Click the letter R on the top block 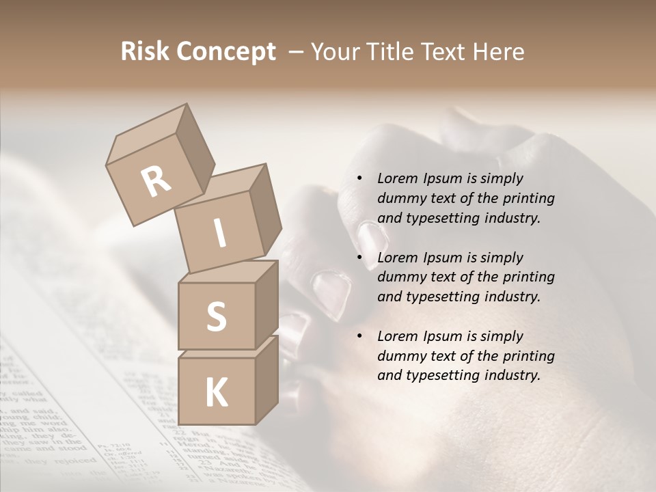click(x=156, y=181)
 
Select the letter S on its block click(x=216, y=317)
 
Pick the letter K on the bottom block click(x=216, y=393)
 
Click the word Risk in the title click(x=146, y=52)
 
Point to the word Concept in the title click(x=226, y=53)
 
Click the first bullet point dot click(x=359, y=179)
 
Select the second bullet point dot click(x=359, y=258)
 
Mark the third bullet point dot click(x=359, y=336)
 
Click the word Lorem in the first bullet click(x=397, y=178)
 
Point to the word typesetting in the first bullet click(x=438, y=218)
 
